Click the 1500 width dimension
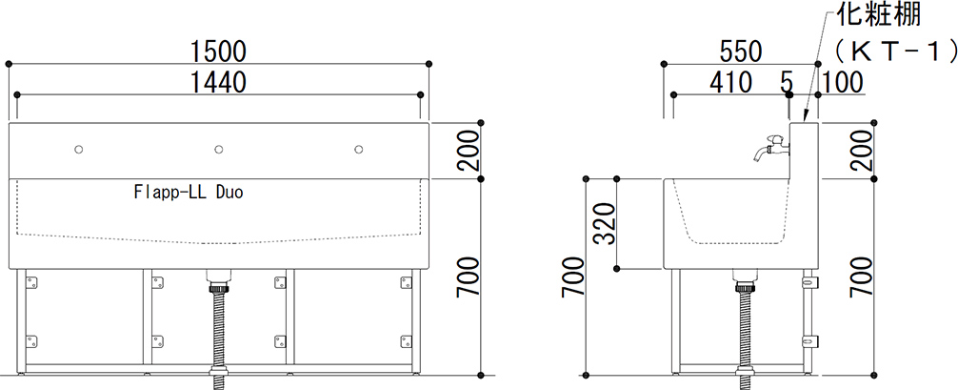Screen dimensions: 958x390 pos(217,52)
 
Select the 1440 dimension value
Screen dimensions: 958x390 pos(217,82)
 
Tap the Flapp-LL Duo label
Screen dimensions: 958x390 pos(189,193)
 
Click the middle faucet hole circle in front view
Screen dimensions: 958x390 pos(218,150)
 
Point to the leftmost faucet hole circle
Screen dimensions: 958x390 pos(78,150)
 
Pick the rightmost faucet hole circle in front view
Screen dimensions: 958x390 pos(359,150)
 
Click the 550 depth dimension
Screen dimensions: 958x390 pos(741,52)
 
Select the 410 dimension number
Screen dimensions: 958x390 pos(730,82)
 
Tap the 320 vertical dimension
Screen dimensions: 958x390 pos(605,223)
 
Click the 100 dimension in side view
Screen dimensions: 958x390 pos(843,82)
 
